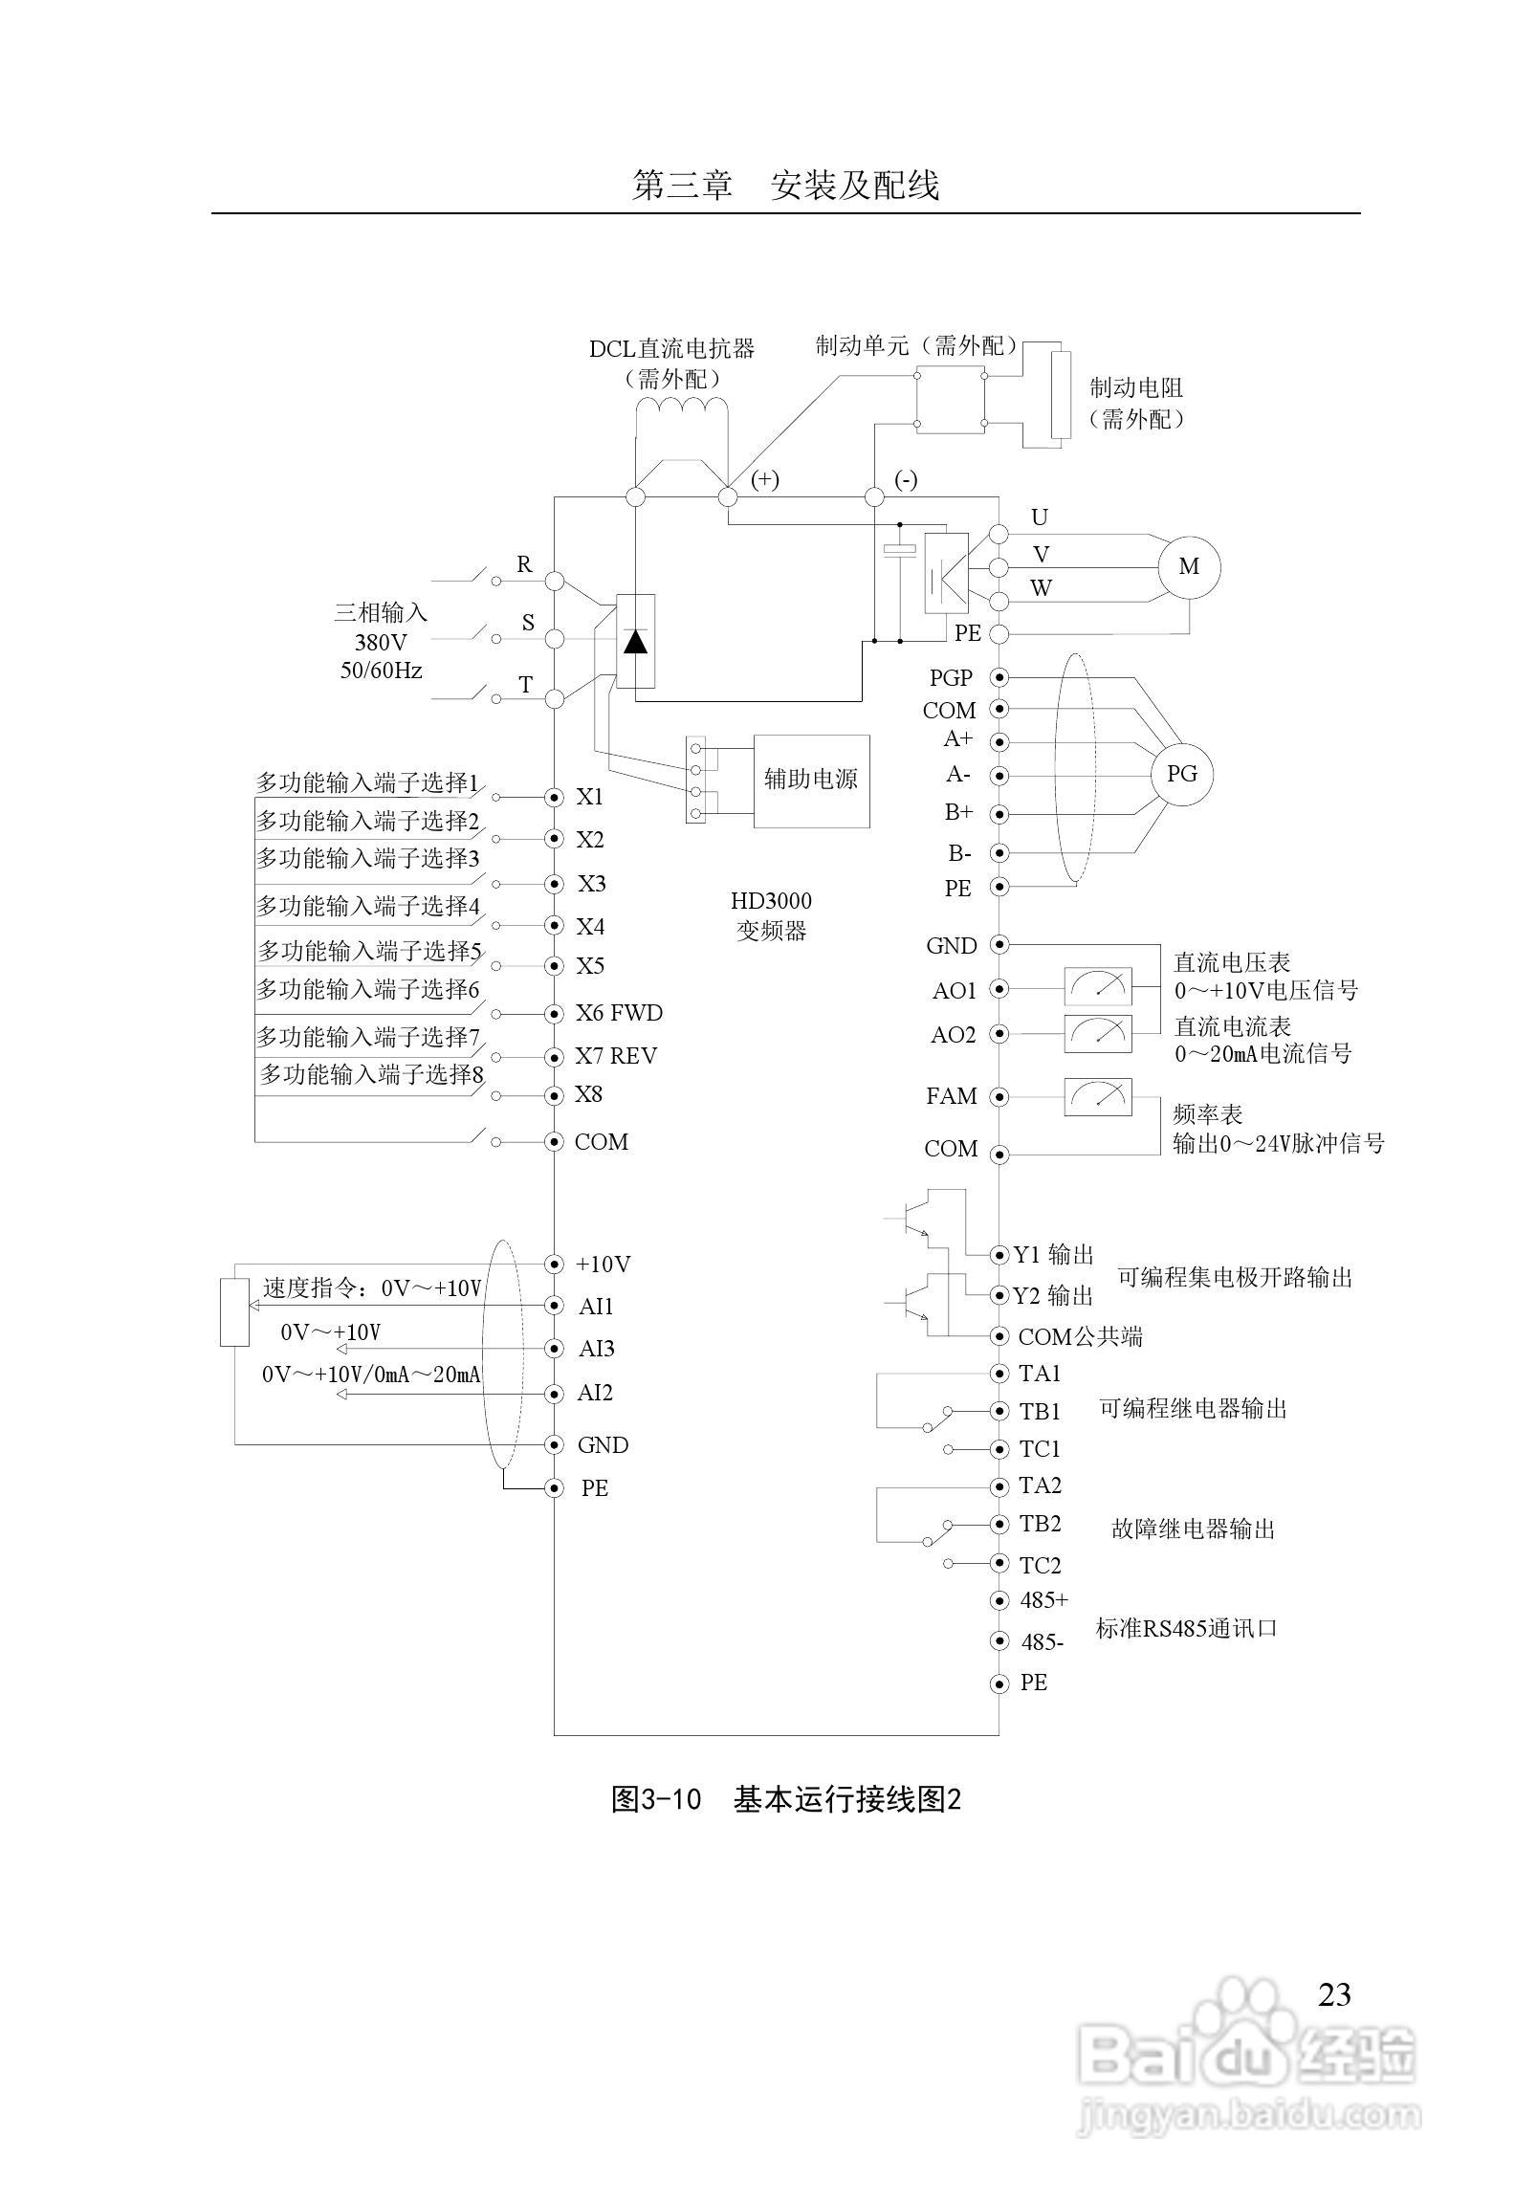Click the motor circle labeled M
pyautogui.click(x=1189, y=567)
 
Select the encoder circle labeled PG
pyautogui.click(x=1182, y=774)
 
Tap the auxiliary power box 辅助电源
pyautogui.click(x=811, y=781)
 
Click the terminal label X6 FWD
pyautogui.click(x=618, y=1013)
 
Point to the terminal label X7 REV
pyautogui.click(x=616, y=1056)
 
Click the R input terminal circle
pyautogui.click(x=554, y=581)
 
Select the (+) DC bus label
pyautogui.click(x=764, y=479)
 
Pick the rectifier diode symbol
pyautogui.click(x=635, y=641)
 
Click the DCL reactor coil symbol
pyautogui.click(x=681, y=408)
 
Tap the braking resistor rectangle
pyautogui.click(x=1060, y=395)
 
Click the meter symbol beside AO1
pyautogui.click(x=1098, y=986)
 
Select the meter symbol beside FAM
pyautogui.click(x=1098, y=1096)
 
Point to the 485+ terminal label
pyautogui.click(x=1044, y=1600)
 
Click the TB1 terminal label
pyautogui.click(x=1040, y=1412)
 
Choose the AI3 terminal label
pyautogui.click(x=597, y=1349)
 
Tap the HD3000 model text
pyautogui.click(x=771, y=901)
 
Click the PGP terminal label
pyautogui.click(x=951, y=678)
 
